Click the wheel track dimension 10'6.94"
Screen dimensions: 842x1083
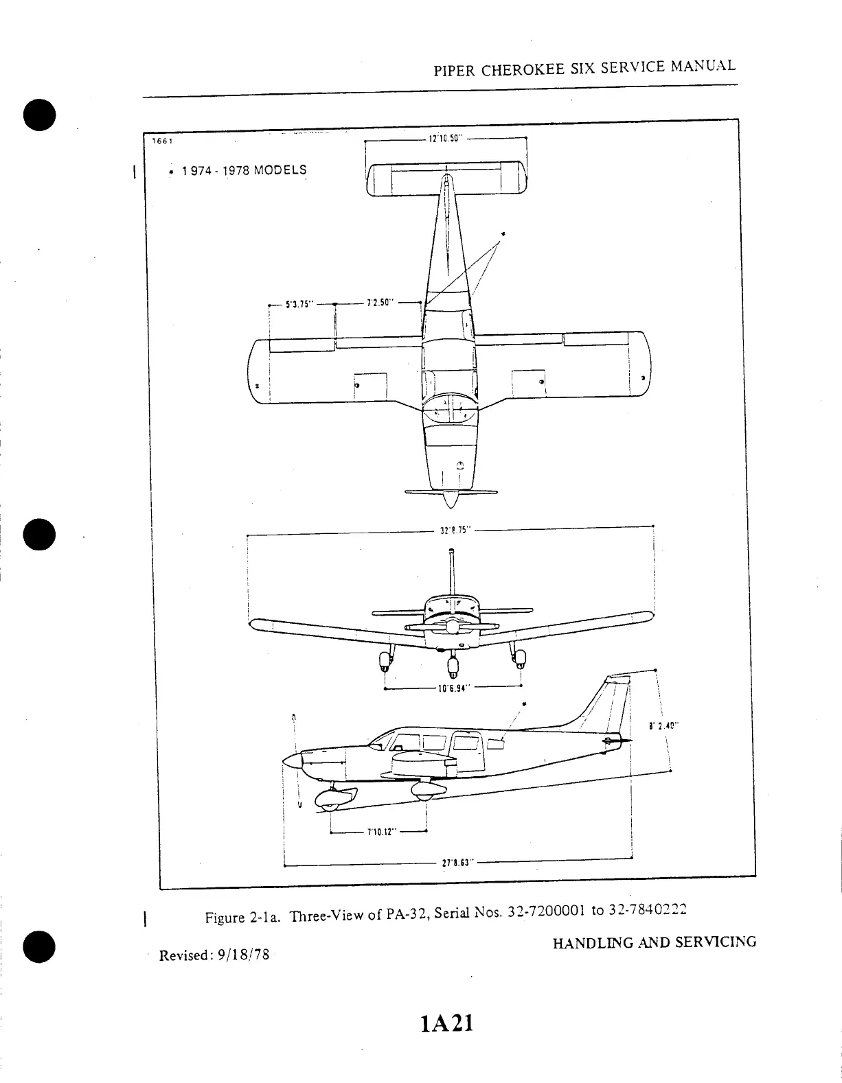pyautogui.click(x=453, y=688)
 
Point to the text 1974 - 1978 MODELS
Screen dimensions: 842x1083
pyautogui.click(x=243, y=171)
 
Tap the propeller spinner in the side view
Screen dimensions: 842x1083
pyautogui.click(x=291, y=760)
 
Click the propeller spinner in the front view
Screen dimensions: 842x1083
pyautogui.click(x=451, y=627)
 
